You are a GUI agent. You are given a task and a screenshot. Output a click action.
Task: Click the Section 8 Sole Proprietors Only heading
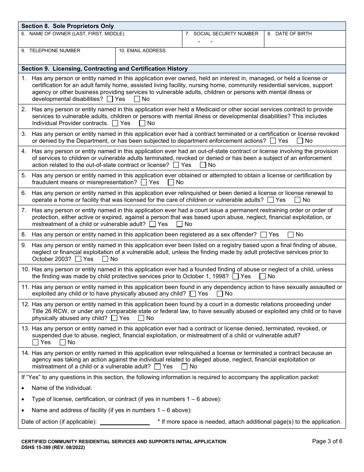[67, 26]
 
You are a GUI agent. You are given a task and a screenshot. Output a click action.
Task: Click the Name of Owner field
[100, 41]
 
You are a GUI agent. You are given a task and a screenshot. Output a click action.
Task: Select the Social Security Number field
[223, 41]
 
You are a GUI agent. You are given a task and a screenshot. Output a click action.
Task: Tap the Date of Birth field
[305, 41]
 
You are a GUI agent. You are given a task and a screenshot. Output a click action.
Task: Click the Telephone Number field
[67, 58]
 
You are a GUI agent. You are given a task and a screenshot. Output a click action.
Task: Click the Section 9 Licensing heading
[105, 69]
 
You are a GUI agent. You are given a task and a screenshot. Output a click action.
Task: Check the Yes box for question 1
[110, 99]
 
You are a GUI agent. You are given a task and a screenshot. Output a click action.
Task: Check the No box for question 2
[142, 123]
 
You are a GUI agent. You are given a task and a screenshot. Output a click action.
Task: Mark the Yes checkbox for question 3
[273, 141]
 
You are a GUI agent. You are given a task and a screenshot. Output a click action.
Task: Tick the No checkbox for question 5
[171, 182]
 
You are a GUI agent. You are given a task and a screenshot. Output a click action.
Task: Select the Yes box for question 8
[264, 234]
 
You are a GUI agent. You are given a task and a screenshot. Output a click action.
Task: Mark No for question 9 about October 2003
[105, 259]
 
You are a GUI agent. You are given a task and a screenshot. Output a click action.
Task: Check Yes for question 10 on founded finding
[236, 276]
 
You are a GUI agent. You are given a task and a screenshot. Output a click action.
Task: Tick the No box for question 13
[63, 342]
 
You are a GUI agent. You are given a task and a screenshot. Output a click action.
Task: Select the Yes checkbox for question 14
[157, 366]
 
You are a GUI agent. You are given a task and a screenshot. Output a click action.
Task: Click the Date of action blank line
[125, 422]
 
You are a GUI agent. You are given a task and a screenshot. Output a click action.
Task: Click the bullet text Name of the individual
[62, 388]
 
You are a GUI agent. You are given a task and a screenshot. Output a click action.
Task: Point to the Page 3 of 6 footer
[327, 441]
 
